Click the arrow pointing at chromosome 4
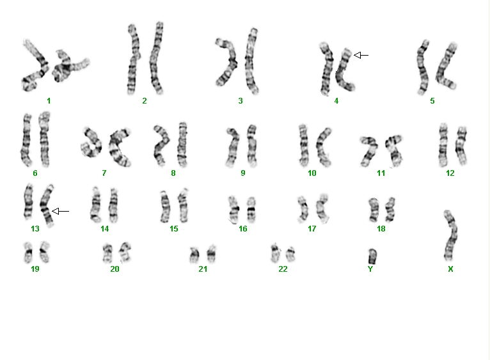point(361,55)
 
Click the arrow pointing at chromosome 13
point(60,212)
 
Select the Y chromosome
point(372,256)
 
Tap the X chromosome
point(450,235)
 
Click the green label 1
point(49,101)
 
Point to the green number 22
point(283,269)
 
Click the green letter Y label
point(370,269)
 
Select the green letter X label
point(450,269)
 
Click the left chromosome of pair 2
point(133,59)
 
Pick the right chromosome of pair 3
point(252,61)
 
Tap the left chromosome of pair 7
point(92,142)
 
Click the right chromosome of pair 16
point(251,210)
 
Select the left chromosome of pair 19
point(28,252)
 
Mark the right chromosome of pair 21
point(212,254)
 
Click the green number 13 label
point(35,229)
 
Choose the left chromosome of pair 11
point(369,151)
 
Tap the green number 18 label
point(381,229)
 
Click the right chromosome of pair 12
point(461,146)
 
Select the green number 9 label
point(243,173)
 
